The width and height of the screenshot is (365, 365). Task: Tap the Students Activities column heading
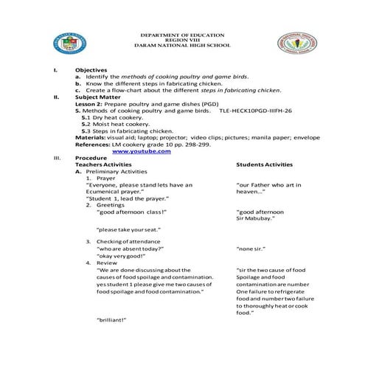click(264, 164)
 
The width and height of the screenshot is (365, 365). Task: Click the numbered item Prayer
click(105, 178)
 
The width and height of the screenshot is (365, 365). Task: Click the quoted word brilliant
click(112, 320)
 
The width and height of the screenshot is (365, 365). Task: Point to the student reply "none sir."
click(250, 248)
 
